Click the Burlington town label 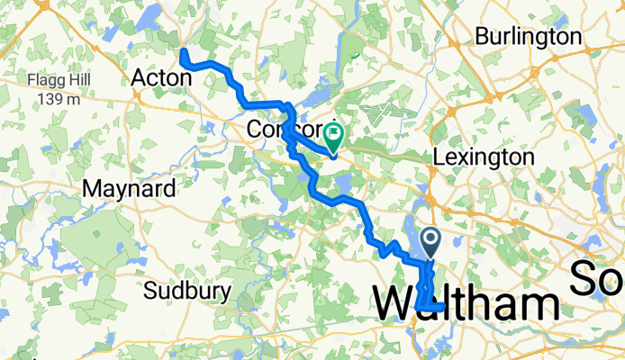[528, 37]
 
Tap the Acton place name [162, 78]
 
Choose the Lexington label [483, 157]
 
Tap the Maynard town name [121, 189]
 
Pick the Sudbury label [188, 292]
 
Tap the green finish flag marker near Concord [335, 137]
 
